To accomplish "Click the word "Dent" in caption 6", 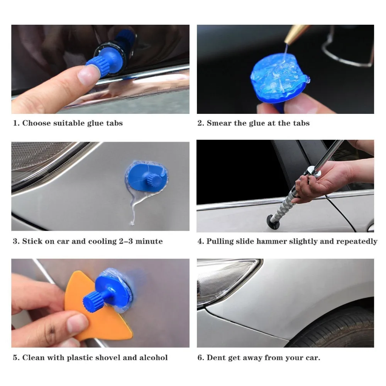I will point(216,358).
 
